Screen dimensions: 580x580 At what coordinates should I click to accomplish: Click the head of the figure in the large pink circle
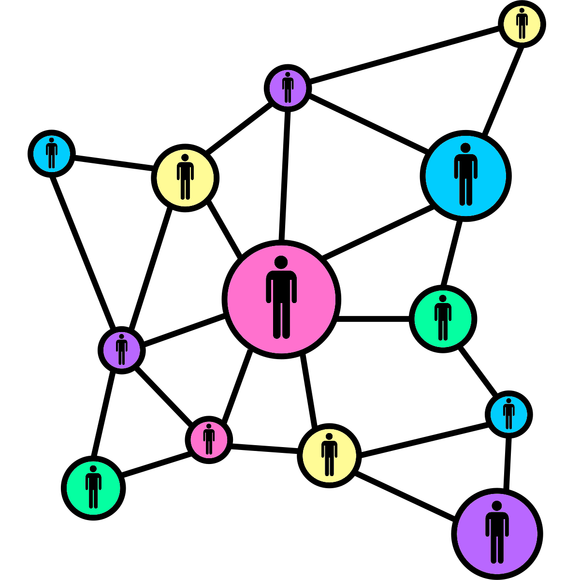point(281,262)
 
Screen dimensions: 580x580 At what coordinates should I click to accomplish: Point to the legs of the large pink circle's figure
point(281,321)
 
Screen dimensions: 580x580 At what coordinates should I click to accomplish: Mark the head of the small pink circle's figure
point(209,426)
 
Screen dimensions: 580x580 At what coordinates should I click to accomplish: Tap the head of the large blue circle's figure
point(465,147)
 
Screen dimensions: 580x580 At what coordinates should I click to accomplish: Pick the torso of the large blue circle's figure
point(465,167)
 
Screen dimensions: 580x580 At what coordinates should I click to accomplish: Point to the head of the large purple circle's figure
point(497,506)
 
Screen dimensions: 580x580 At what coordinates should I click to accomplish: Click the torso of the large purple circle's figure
point(497,525)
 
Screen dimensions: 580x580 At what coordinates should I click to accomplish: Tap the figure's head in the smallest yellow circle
point(522,10)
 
